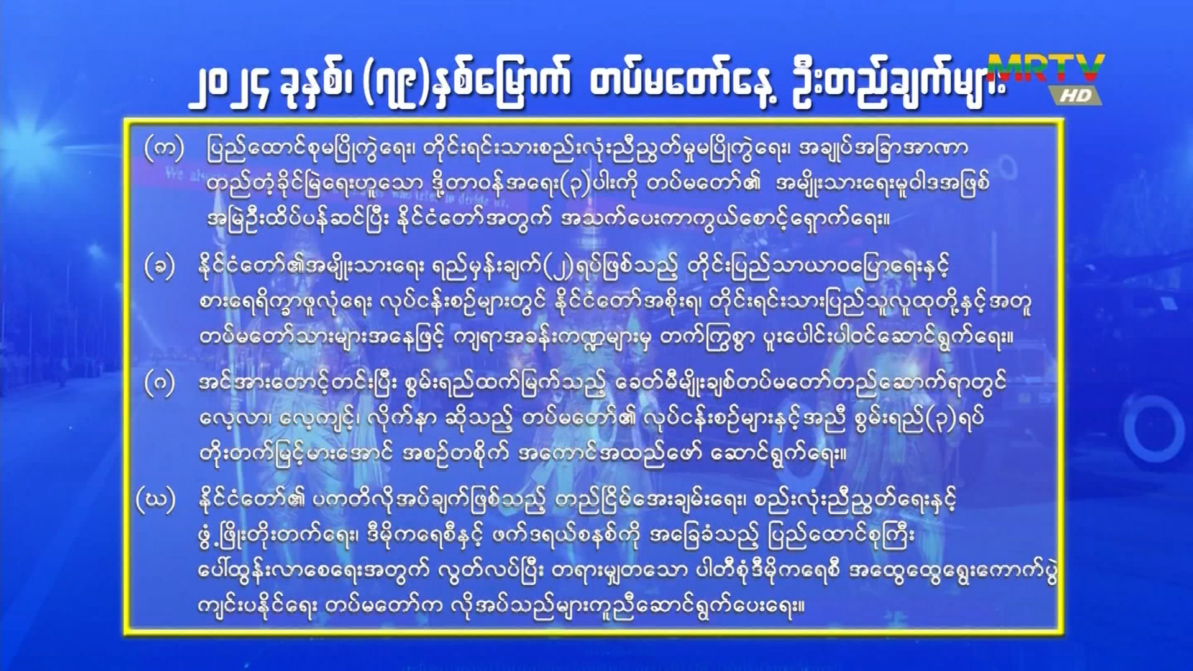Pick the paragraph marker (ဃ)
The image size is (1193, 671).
156,500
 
